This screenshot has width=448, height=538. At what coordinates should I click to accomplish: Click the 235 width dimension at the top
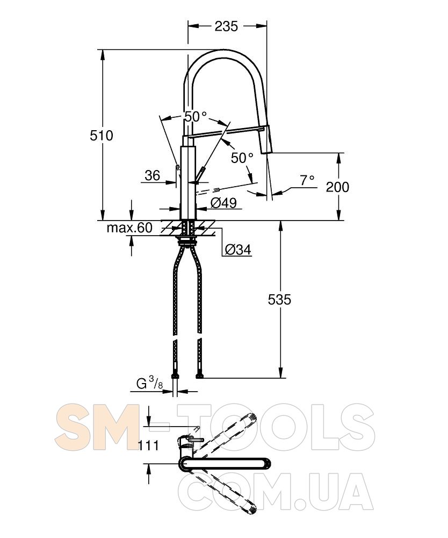(x=226, y=26)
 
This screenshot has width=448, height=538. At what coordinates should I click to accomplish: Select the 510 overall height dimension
(x=102, y=136)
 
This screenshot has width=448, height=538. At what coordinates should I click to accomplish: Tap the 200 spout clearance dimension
(x=337, y=187)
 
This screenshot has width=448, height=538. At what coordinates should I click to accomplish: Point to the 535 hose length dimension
(x=279, y=300)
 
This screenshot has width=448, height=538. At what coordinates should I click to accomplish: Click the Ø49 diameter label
(x=223, y=203)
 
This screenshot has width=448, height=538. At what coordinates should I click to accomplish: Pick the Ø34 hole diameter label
(x=238, y=250)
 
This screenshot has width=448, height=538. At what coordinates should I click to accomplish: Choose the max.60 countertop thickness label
(x=129, y=228)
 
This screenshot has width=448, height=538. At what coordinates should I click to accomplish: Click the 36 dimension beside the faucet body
(x=153, y=175)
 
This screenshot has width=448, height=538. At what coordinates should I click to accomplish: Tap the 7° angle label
(x=307, y=180)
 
